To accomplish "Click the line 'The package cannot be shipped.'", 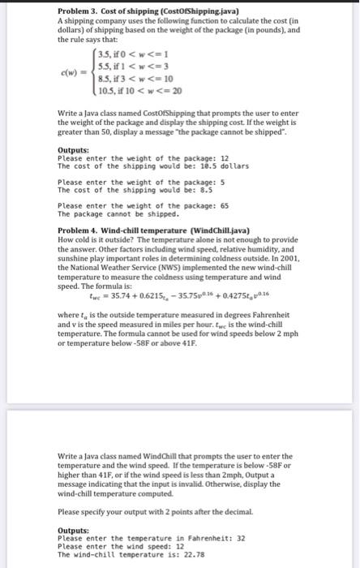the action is [113, 214].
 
